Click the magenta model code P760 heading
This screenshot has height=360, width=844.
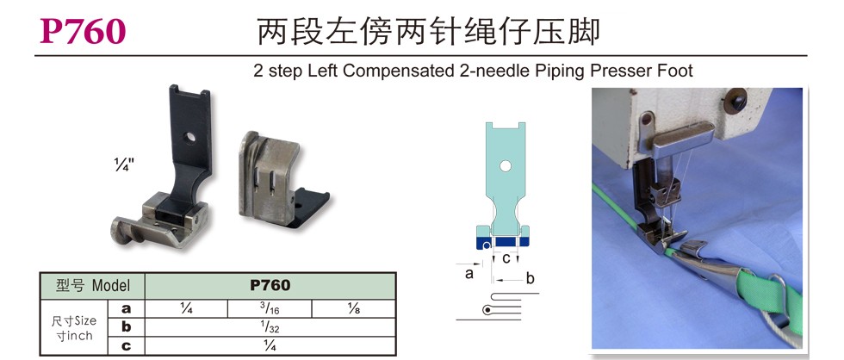[x=83, y=32]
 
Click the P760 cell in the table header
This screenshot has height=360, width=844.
[x=270, y=285]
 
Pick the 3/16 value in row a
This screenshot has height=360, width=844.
[x=270, y=309]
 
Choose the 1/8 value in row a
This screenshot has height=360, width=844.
[x=354, y=309]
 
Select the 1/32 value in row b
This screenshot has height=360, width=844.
[x=270, y=327]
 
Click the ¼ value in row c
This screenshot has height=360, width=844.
[x=270, y=345]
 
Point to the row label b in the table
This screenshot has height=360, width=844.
[x=126, y=327]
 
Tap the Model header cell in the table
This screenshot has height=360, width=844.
[x=93, y=285]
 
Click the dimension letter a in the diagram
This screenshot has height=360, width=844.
[x=469, y=273]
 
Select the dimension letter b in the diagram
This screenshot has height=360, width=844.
[x=531, y=278]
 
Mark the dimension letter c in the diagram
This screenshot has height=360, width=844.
[x=506, y=258]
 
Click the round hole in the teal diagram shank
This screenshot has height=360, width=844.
[x=505, y=166]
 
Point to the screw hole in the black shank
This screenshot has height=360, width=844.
[x=189, y=137]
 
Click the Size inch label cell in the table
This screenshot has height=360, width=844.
[x=74, y=328]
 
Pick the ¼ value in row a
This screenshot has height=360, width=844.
[x=187, y=309]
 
